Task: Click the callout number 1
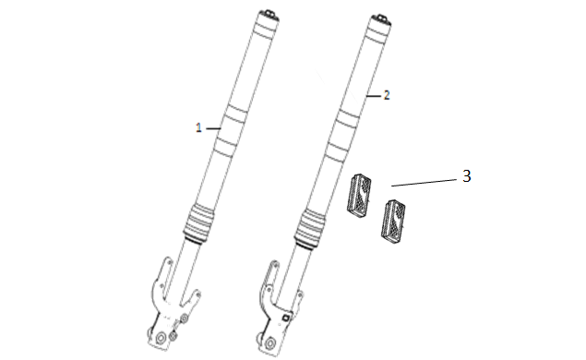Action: click(x=198, y=128)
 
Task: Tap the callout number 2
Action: click(x=387, y=95)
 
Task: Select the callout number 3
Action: click(x=466, y=176)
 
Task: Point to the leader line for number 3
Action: click(x=424, y=183)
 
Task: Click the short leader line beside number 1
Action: click(x=213, y=128)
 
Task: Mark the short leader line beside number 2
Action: click(x=374, y=96)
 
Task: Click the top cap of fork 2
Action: click(x=381, y=18)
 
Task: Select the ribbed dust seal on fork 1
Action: click(x=198, y=223)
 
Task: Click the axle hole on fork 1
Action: click(x=161, y=339)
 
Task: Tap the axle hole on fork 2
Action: click(x=269, y=343)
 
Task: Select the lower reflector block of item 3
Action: click(x=393, y=219)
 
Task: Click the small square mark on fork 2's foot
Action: click(x=285, y=318)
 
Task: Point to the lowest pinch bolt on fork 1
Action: click(x=173, y=337)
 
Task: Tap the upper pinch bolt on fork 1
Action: click(x=184, y=318)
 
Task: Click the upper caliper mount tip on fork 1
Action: click(x=167, y=260)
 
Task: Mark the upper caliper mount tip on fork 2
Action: click(x=275, y=264)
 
